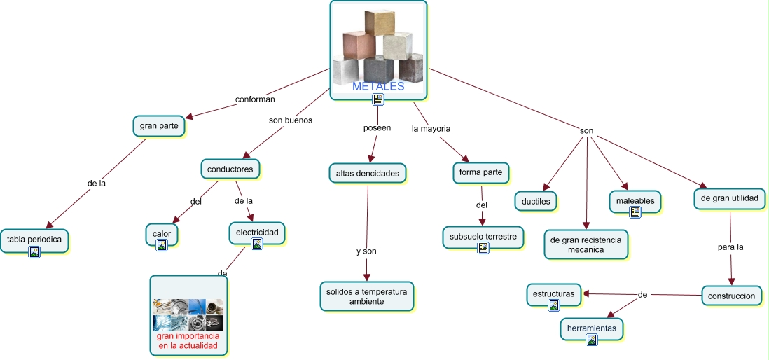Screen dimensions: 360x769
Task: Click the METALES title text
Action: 378,87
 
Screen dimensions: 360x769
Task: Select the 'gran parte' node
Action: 159,126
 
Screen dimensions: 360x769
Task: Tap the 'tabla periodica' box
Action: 34,240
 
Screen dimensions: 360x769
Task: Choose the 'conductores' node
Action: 230,169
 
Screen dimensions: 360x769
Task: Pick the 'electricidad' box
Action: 256,231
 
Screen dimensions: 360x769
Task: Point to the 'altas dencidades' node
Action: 367,172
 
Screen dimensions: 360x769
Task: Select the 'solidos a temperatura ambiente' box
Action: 367,296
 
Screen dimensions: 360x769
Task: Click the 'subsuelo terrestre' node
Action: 483,237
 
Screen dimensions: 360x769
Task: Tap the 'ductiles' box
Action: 536,202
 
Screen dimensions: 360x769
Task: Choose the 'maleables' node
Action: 635,201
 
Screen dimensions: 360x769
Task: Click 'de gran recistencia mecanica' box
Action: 586,244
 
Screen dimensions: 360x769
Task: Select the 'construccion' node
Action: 731,296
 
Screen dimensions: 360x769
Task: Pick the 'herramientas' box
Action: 591,328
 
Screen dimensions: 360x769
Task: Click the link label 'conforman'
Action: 255,99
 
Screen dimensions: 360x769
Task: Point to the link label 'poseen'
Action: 377,128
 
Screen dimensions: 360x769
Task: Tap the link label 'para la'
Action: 730,247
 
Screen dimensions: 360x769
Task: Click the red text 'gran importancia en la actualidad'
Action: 188,341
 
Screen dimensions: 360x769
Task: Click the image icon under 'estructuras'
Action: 554,305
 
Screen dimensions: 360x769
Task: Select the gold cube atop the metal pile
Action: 380,22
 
